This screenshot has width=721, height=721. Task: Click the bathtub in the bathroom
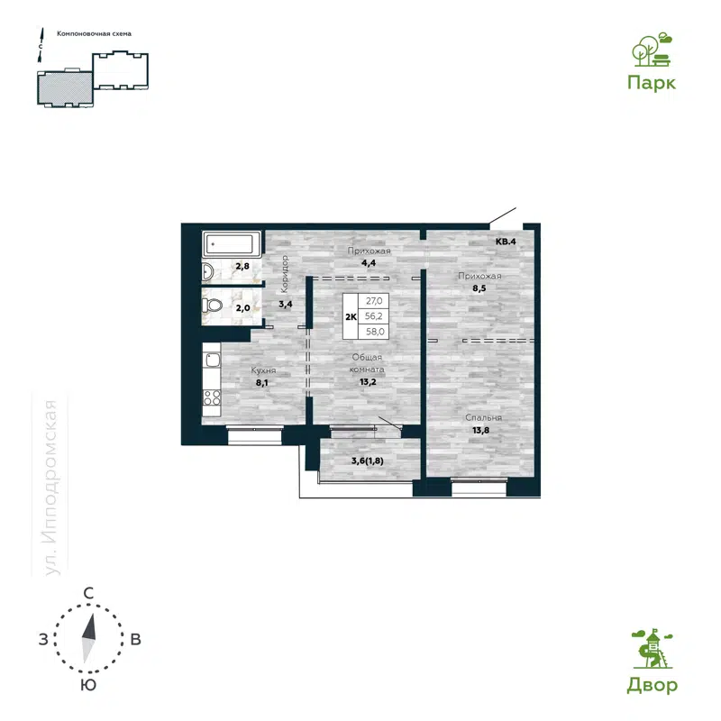[233, 243]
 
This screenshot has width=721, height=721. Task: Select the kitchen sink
[212, 361]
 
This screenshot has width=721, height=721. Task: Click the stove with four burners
[212, 397]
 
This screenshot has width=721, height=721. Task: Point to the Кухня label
[263, 371]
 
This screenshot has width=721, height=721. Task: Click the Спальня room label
[483, 418]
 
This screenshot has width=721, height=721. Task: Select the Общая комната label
[368, 364]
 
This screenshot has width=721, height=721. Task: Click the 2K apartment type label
[350, 317]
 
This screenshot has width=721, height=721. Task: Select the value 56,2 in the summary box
[373, 317]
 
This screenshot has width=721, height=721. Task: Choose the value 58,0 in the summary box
[373, 332]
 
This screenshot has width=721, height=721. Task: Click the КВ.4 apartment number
[506, 242]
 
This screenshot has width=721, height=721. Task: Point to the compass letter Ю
[88, 686]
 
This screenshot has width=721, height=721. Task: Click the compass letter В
[135, 640]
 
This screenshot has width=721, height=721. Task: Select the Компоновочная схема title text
[94, 33]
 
